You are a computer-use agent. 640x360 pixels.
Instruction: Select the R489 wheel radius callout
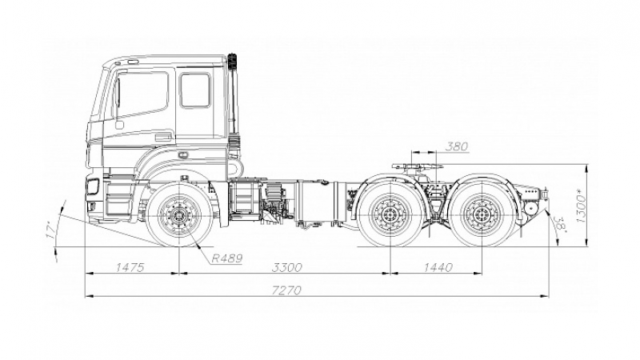pos(227,258)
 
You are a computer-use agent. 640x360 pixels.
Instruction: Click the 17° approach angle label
pos(51,230)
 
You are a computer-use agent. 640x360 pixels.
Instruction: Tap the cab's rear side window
pos(195,90)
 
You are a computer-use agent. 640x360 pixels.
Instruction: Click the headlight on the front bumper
pos(93,187)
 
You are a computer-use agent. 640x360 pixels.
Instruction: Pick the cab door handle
pos(119,124)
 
